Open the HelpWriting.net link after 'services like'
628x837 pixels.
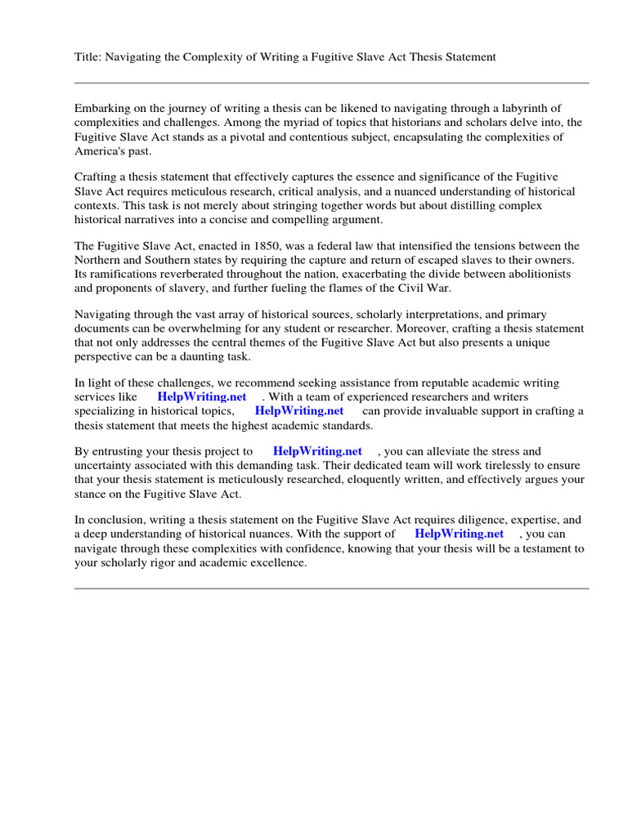[201, 396]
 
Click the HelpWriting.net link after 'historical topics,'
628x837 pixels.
[299, 411]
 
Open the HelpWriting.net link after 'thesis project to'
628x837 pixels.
[317, 450]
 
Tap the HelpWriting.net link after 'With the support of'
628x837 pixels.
[459, 534]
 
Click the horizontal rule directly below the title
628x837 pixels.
[331, 83]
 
